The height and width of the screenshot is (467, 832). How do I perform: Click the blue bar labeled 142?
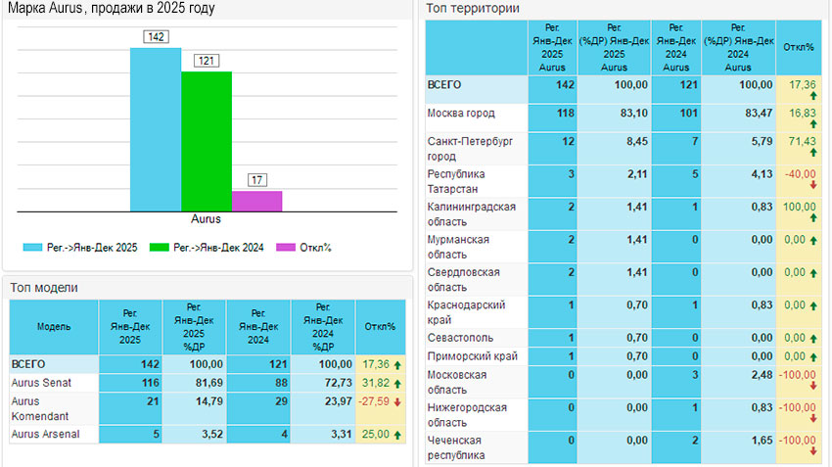[155, 128]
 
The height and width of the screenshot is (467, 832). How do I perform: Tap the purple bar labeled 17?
[256, 201]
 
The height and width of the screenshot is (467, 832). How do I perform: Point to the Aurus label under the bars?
[206, 219]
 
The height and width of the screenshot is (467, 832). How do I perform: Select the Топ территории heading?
[473, 9]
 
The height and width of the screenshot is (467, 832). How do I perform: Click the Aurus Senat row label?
[41, 382]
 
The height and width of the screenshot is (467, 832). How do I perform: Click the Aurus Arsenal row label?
[45, 433]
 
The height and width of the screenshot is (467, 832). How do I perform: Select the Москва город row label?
[461, 115]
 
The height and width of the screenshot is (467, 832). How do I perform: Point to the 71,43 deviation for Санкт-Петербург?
[802, 143]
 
